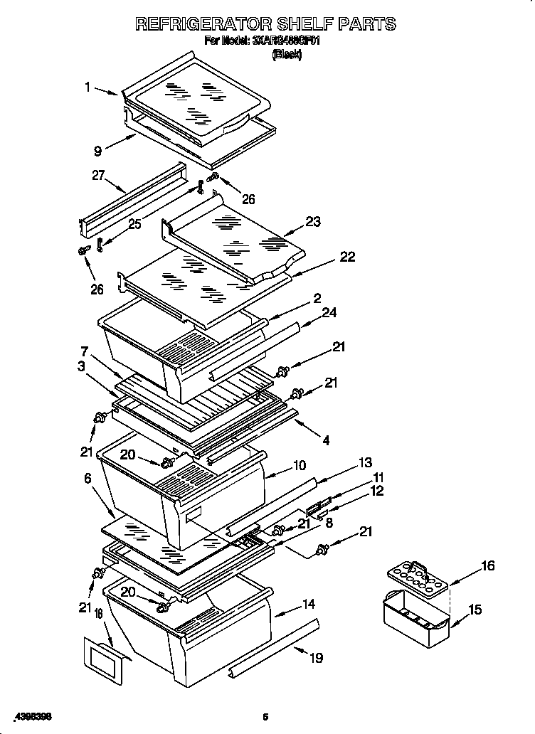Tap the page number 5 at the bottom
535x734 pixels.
tap(265, 716)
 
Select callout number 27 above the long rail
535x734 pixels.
tap(98, 175)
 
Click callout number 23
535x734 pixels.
tap(313, 221)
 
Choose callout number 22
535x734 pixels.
tap(347, 257)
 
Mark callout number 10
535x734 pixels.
tap(300, 465)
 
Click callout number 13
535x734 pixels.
tap(365, 463)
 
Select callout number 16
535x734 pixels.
tap(487, 566)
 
